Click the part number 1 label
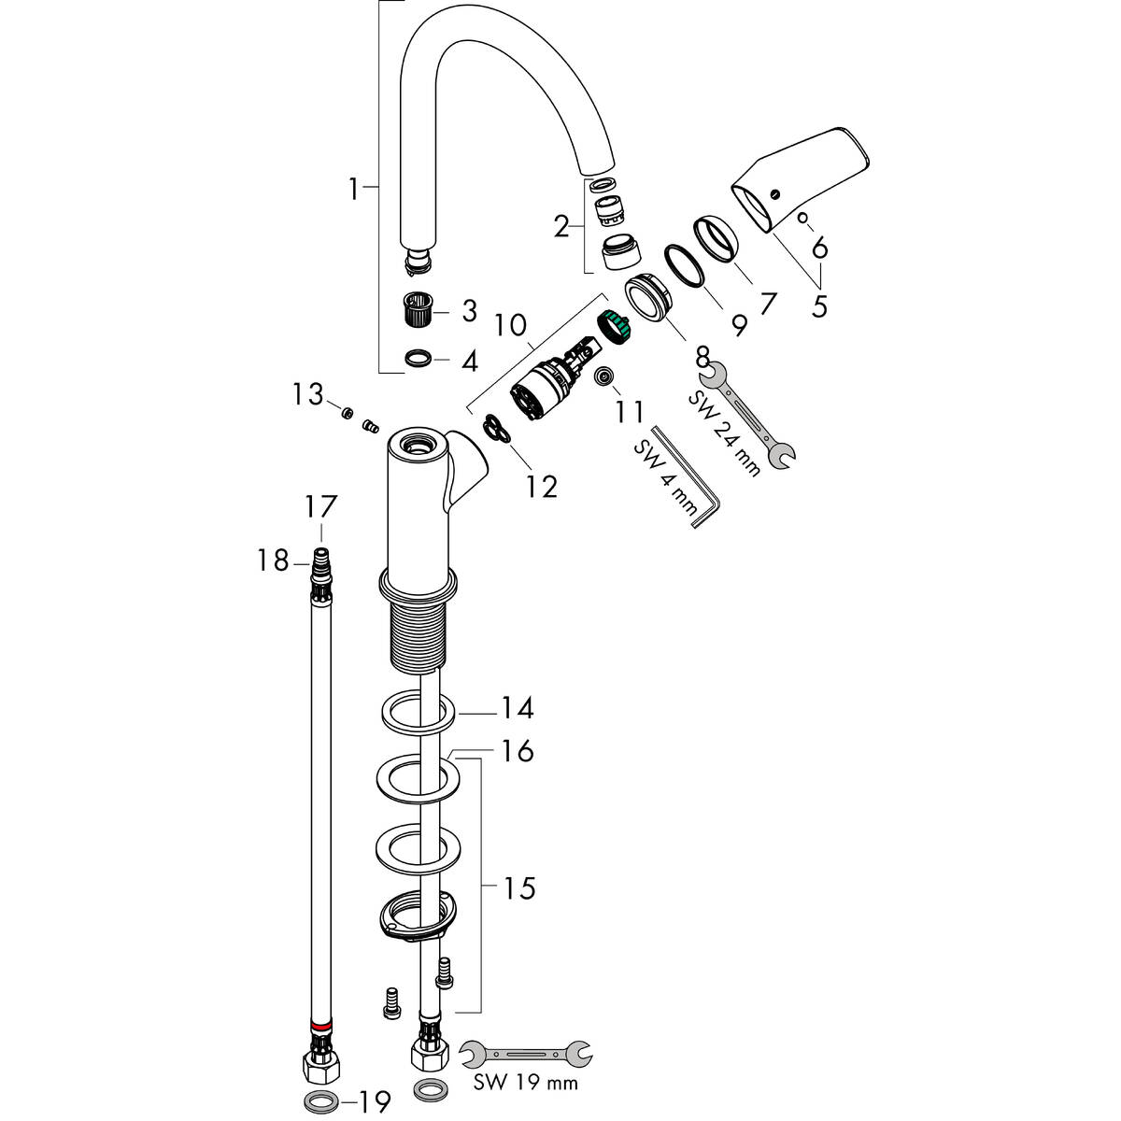click(352, 190)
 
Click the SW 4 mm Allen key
click(687, 476)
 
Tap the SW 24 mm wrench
click(747, 415)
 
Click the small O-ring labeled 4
click(419, 358)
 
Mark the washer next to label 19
click(319, 1098)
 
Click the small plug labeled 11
click(604, 376)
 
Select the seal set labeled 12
click(496, 430)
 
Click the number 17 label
click(319, 508)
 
